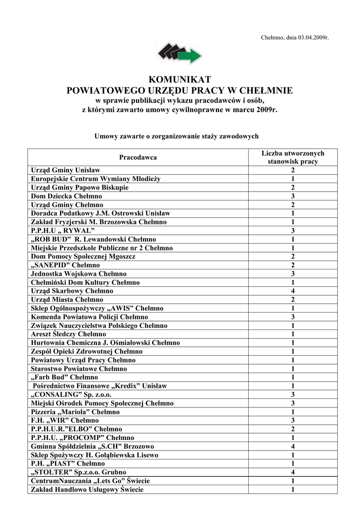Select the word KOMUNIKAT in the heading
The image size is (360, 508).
180,80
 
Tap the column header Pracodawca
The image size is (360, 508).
138,157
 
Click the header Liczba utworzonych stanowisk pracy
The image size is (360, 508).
292,157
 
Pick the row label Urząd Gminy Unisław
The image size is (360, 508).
66,170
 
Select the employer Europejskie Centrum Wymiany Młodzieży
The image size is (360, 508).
96,179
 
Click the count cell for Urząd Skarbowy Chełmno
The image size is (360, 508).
292,291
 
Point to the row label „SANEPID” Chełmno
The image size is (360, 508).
65,265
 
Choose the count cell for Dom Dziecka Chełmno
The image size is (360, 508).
292,196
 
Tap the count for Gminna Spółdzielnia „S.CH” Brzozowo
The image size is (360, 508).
292,446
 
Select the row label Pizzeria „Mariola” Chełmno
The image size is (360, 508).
75,412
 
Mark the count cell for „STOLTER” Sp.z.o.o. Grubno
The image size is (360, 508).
292,472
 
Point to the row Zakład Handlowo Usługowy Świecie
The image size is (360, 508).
87,490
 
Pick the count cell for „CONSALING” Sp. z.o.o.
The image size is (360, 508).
292,394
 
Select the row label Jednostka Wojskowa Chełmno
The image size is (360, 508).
78,274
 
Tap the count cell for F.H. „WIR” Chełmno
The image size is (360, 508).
292,420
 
